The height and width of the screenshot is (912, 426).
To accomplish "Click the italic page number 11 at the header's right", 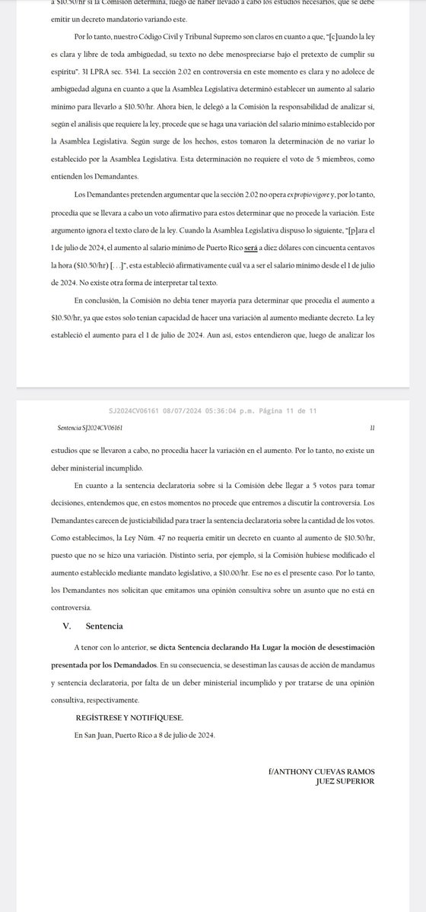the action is [371, 429].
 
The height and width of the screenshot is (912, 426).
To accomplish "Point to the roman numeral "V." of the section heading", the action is [67, 627].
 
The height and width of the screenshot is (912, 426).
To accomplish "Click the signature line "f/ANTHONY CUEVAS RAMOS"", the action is [322, 771].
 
